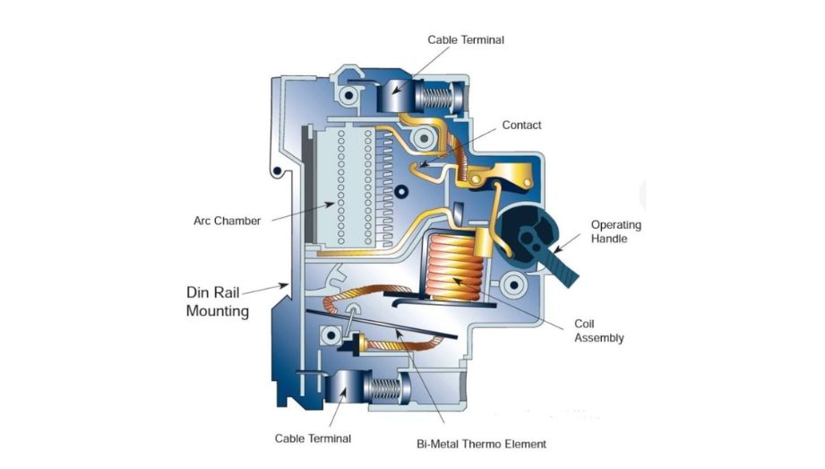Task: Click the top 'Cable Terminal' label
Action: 466,40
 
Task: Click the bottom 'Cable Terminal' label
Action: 313,439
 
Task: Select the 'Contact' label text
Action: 521,125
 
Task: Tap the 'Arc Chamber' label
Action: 227,221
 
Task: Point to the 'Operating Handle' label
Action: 616,232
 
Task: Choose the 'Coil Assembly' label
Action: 598,331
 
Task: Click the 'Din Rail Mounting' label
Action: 218,301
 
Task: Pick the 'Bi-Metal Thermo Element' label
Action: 481,444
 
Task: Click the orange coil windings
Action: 454,268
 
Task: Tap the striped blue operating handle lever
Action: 563,269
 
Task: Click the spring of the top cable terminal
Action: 438,98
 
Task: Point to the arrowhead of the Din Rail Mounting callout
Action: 285,286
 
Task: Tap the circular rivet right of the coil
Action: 513,285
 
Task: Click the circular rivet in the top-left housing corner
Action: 348,95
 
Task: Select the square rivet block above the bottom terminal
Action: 331,335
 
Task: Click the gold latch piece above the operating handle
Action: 503,175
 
